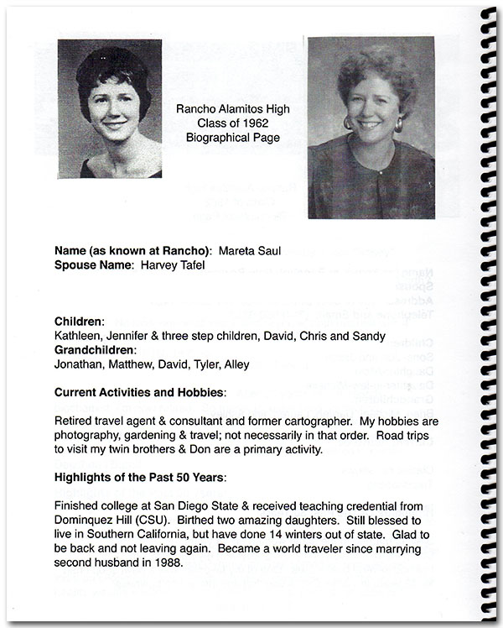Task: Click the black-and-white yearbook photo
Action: point(110,108)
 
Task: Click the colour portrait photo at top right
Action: point(371,128)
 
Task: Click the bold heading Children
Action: point(79,322)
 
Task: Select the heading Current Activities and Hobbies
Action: point(139,392)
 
